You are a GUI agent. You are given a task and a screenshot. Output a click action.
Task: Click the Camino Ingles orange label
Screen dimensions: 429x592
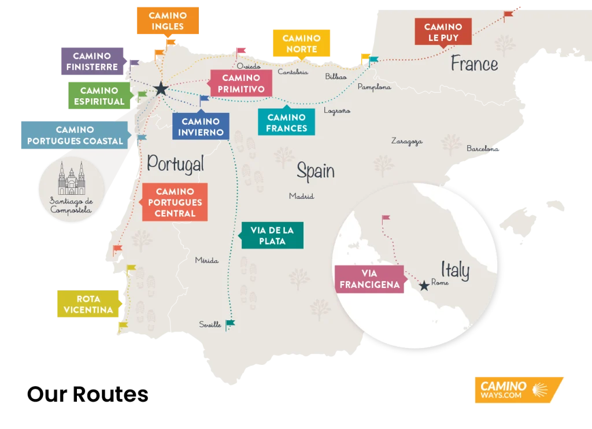click(x=166, y=21)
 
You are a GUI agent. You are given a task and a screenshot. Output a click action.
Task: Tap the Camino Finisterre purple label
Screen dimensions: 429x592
click(x=92, y=62)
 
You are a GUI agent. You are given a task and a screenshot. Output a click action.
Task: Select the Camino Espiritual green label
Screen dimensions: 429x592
click(x=99, y=96)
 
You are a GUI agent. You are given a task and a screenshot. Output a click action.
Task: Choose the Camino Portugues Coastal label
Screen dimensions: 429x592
click(x=75, y=136)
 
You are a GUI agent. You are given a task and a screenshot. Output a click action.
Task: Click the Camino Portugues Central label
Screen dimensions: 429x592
click(x=175, y=202)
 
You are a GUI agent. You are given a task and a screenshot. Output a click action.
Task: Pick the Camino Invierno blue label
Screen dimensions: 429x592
click(x=201, y=127)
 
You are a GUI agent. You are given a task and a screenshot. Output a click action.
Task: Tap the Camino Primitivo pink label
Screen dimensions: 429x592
click(x=241, y=84)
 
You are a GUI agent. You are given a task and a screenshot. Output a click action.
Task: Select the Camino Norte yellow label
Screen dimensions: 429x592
click(x=302, y=44)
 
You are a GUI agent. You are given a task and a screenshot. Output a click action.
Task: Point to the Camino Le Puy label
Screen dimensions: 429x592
click(x=443, y=32)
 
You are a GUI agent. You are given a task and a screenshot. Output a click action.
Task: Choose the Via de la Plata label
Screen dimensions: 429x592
click(x=272, y=236)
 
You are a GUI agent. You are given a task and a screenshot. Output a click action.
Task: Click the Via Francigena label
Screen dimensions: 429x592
click(x=369, y=279)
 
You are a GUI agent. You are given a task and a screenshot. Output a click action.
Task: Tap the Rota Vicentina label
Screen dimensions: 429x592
click(x=88, y=305)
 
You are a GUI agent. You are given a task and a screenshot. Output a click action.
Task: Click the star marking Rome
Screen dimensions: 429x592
click(x=424, y=286)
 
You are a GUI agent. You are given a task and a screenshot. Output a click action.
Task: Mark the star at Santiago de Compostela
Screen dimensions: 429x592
click(x=161, y=89)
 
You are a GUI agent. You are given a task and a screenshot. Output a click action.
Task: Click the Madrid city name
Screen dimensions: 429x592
click(x=301, y=197)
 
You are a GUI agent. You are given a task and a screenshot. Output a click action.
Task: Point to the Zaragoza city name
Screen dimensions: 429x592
click(x=406, y=141)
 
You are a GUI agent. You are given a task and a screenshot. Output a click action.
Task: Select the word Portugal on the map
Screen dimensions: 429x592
click(x=175, y=164)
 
